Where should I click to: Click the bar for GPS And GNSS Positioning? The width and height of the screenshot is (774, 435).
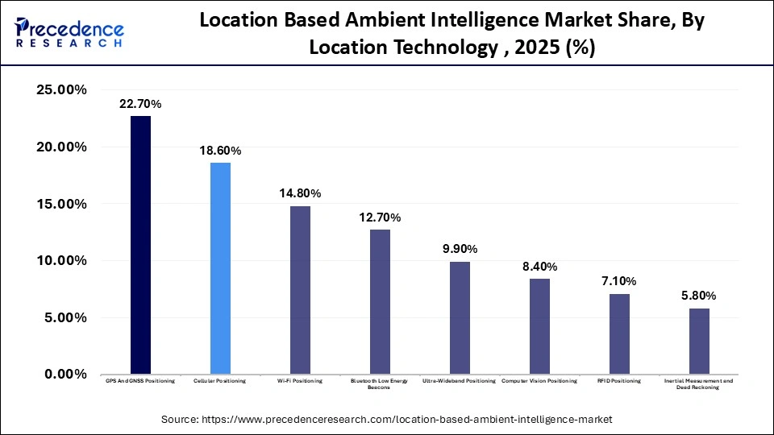(x=140, y=245)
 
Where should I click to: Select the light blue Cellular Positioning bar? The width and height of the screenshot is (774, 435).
(x=220, y=268)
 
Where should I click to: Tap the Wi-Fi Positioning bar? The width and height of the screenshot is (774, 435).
(x=300, y=290)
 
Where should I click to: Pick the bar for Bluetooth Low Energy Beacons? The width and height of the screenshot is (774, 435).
(x=380, y=302)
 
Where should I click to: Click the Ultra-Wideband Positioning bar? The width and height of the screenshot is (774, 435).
(x=460, y=317)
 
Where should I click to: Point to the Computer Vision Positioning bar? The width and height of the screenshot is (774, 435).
(x=539, y=326)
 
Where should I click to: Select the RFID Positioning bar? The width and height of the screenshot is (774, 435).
(x=619, y=333)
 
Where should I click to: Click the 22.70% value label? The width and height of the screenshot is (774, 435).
(x=140, y=104)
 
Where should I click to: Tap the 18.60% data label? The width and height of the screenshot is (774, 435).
(x=220, y=151)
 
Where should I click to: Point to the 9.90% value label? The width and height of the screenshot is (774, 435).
(x=460, y=249)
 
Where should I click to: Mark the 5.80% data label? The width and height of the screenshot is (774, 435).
(x=699, y=296)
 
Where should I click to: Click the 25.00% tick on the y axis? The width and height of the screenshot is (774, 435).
(x=62, y=90)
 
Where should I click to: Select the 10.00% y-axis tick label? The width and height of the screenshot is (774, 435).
(x=62, y=261)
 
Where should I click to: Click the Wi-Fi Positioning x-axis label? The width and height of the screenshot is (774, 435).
(x=300, y=380)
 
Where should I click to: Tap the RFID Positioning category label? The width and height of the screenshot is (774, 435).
(x=619, y=380)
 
